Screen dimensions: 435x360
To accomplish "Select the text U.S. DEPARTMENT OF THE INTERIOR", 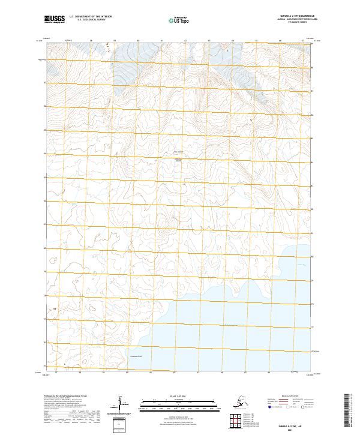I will (93, 17).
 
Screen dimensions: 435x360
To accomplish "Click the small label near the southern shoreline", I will (135, 356).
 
